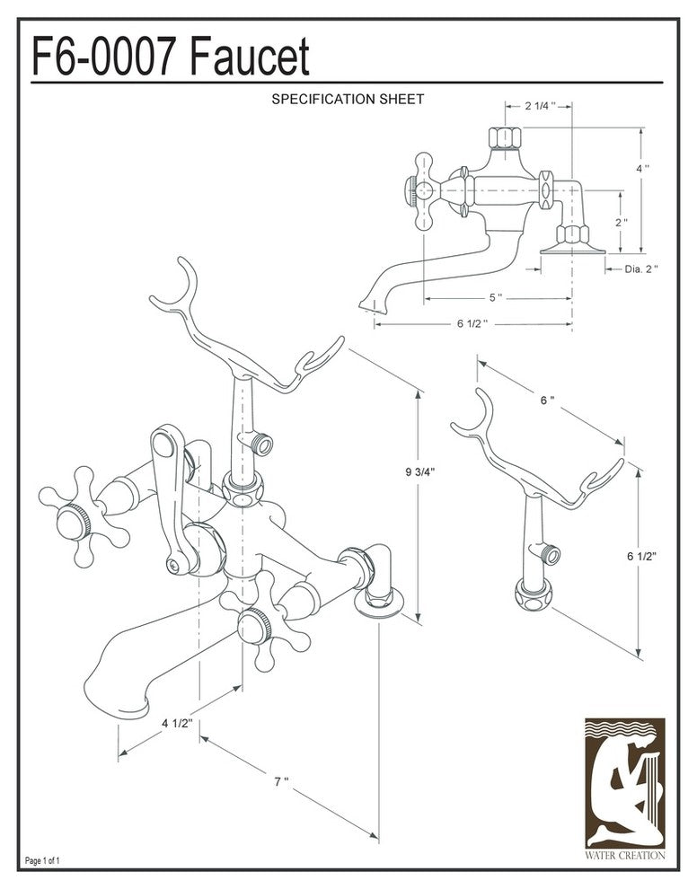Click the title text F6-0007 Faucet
click(171, 57)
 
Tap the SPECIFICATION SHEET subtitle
click(348, 99)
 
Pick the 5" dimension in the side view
click(495, 298)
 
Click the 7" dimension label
click(281, 781)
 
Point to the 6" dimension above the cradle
click(547, 400)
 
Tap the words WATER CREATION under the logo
click(624, 856)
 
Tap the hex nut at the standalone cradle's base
click(532, 593)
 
